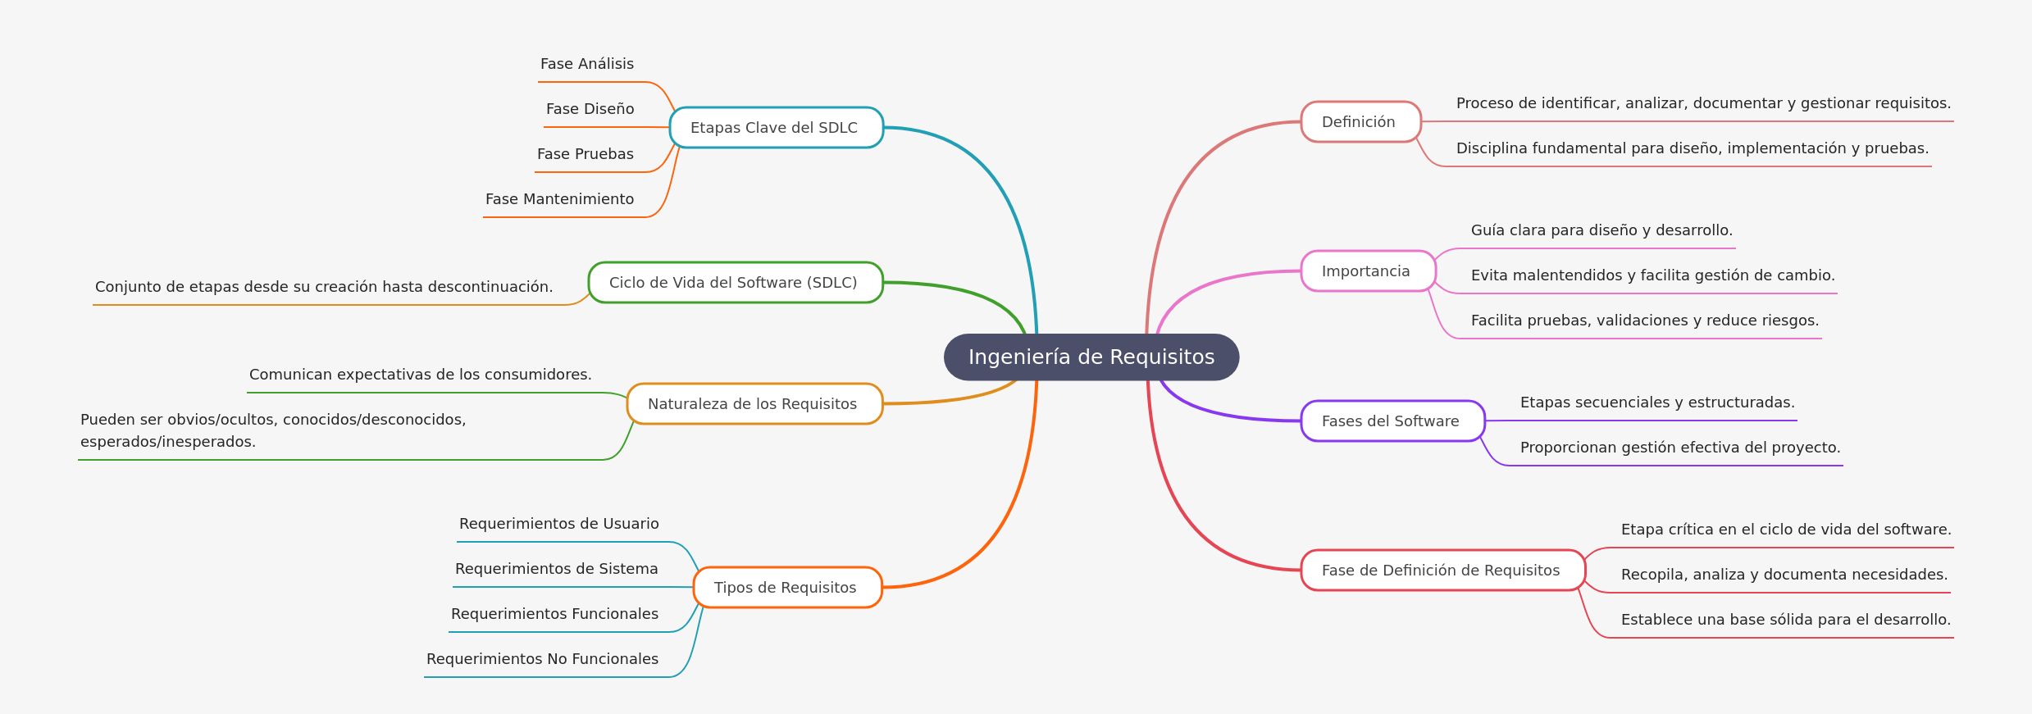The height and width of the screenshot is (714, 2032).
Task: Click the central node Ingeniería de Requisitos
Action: (x=1091, y=357)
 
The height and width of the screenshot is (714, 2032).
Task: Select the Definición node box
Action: (x=1360, y=122)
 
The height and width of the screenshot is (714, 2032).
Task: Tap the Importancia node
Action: (x=1367, y=271)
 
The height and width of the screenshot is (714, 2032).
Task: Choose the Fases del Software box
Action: (x=1392, y=421)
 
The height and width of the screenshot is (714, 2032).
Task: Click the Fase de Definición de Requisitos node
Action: (x=1442, y=571)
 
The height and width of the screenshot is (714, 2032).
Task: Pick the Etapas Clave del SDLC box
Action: (x=775, y=128)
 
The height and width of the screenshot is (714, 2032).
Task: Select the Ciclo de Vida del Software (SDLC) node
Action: (x=734, y=283)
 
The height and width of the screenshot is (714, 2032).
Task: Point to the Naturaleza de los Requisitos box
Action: (x=753, y=404)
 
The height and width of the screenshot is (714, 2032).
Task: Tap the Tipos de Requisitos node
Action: (x=786, y=588)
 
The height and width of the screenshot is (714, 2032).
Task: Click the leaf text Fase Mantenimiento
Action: (x=559, y=199)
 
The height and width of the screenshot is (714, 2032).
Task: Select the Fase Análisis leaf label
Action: (x=586, y=64)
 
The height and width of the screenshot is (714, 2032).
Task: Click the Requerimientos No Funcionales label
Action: (x=542, y=659)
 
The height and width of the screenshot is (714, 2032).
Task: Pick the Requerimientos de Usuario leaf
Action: (x=558, y=524)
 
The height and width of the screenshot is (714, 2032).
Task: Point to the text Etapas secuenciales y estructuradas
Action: (x=1656, y=402)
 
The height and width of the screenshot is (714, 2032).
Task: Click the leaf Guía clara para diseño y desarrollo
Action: (x=1601, y=230)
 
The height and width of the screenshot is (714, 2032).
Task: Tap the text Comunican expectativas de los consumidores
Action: (x=420, y=375)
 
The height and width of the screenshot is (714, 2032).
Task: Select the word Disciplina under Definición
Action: (x=1488, y=148)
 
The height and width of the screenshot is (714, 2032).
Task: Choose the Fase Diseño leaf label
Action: (x=590, y=109)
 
